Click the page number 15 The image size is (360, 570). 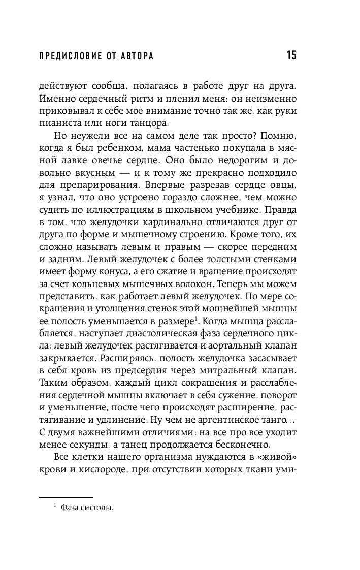[x=291, y=55]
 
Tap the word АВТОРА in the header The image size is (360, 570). [x=136, y=56]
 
